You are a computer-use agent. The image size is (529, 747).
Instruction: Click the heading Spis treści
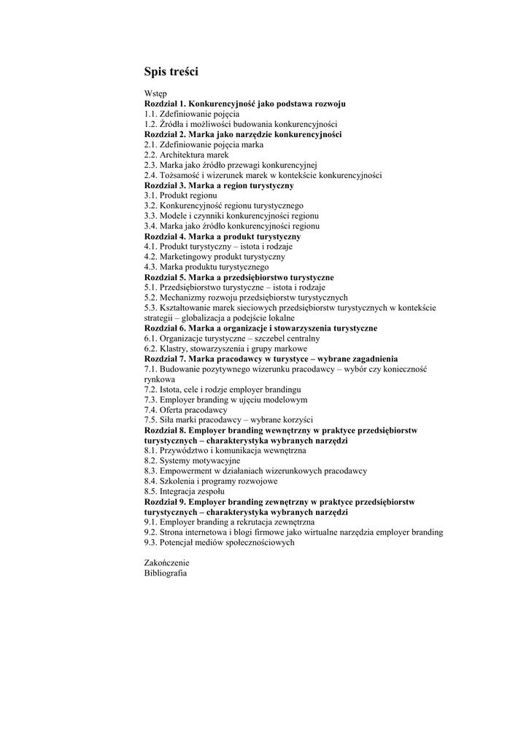pos(171,72)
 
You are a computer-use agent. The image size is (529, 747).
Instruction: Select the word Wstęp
pos(155,94)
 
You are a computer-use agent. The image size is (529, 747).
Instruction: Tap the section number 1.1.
pos(150,115)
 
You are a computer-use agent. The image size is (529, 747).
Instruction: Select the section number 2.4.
pos(150,176)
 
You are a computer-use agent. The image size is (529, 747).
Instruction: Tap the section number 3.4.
pos(150,227)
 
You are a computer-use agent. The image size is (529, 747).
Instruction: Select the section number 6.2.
pos(150,349)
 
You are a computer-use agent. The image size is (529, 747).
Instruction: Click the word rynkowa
pos(159,380)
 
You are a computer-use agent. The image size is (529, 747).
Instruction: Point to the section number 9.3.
pos(150,543)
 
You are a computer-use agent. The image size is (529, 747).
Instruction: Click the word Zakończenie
pos(166,564)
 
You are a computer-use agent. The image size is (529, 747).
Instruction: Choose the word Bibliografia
pos(166,574)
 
